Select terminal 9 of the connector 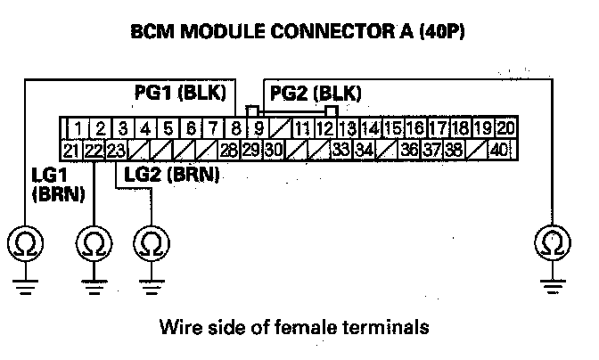[258, 128]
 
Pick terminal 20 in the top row [505, 128]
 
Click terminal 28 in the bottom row [229, 149]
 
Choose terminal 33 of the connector [341, 149]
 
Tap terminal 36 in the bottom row [409, 149]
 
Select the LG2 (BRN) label [173, 175]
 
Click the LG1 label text [42, 175]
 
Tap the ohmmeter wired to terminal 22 [94, 241]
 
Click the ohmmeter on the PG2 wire [553, 241]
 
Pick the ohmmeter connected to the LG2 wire [150, 241]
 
